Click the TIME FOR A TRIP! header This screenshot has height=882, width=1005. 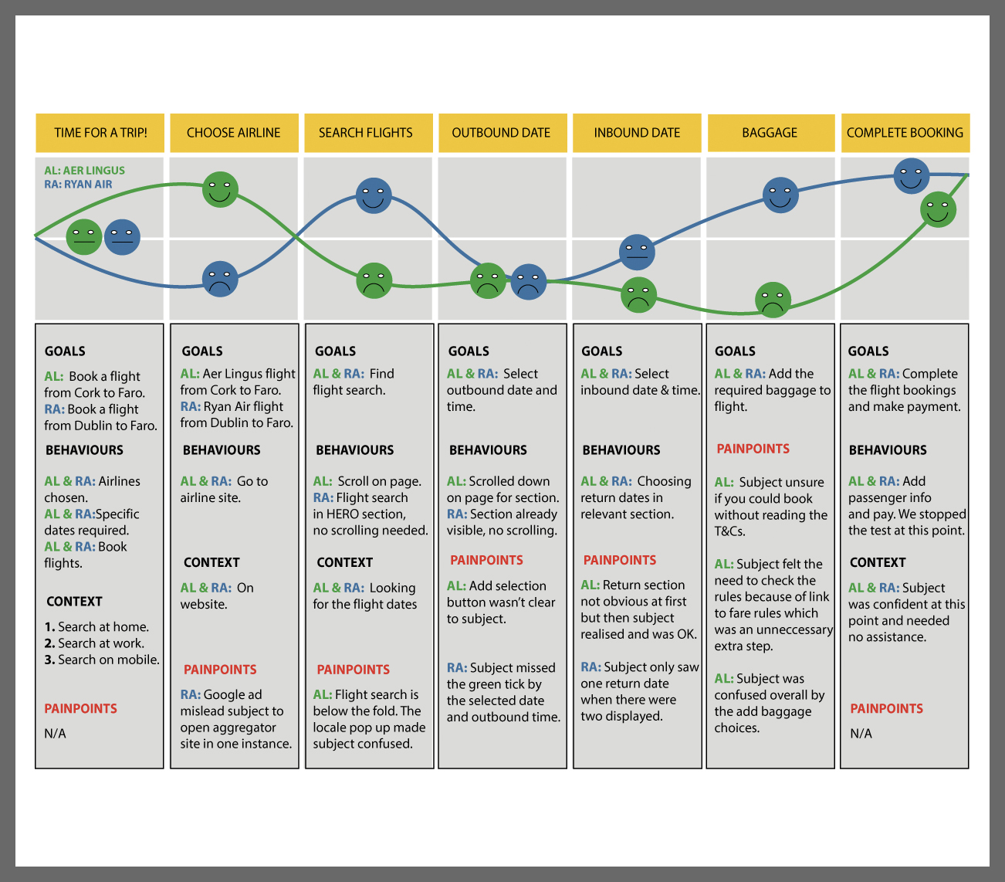pos(100,133)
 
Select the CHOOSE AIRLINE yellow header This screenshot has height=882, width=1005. pos(234,133)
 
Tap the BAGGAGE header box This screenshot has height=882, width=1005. pos(770,133)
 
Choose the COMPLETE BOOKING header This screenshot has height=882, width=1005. pos(905,133)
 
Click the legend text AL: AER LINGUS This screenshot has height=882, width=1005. pos(84,171)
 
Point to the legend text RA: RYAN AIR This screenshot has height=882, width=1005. pos(78,185)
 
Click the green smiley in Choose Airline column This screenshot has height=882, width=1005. pos(220,190)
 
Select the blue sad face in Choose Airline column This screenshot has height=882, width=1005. pos(220,280)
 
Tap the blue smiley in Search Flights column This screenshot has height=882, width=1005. pos(374,195)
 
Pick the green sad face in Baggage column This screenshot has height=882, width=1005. pos(773,300)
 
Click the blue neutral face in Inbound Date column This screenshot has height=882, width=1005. pos(637,252)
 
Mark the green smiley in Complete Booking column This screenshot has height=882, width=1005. pos(938,209)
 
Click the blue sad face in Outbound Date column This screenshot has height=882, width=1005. pos(529,282)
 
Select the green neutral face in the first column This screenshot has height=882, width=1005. pos(83,237)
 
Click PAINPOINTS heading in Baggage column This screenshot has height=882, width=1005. pos(753,449)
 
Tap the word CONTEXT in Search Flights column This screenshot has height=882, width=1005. pos(344,562)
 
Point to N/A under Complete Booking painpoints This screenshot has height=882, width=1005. pos(861,734)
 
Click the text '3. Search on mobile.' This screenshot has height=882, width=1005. pos(102,660)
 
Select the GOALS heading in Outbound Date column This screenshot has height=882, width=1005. pos(469,351)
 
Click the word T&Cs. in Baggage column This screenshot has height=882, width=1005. pos(729,531)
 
